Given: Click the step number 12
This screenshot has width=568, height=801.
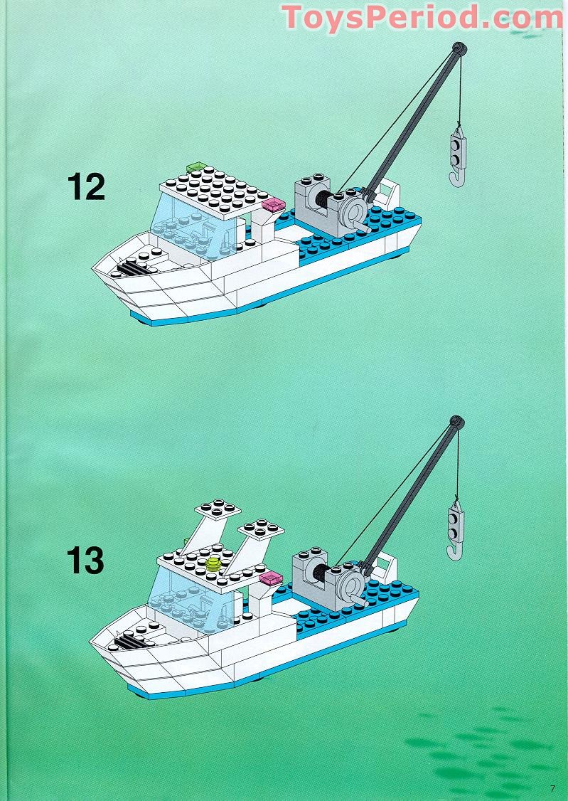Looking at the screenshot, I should [86, 186].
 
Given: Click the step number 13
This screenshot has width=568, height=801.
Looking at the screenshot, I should [86, 561].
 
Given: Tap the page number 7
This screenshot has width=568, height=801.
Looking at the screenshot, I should [552, 787].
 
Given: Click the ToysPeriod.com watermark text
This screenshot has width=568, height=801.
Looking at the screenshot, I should [422, 17].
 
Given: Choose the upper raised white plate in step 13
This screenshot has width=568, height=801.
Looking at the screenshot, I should [218, 508].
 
